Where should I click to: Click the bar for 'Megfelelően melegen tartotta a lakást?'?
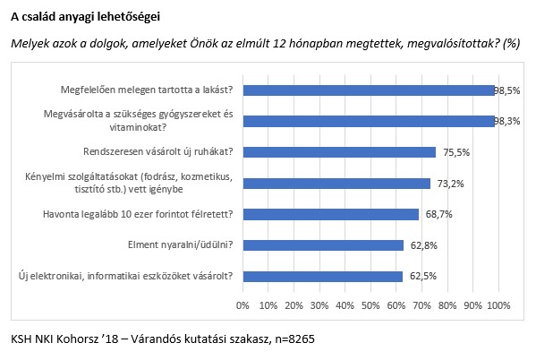[x=369, y=90]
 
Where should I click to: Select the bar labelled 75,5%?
[x=339, y=152]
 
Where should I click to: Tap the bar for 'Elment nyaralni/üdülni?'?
[x=323, y=245]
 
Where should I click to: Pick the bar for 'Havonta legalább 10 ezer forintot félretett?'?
[x=331, y=215]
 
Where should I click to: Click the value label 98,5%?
[x=507, y=90]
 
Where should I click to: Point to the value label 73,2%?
[x=450, y=184]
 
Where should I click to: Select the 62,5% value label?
[x=423, y=276]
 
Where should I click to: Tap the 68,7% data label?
[x=439, y=214]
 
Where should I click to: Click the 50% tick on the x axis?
[x=370, y=304]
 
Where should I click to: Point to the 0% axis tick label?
[x=242, y=304]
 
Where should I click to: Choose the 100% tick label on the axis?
[x=498, y=304]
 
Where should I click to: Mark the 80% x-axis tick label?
[x=447, y=304]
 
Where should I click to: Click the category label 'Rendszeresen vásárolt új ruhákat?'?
[x=157, y=151]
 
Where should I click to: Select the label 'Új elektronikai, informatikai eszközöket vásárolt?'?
[x=126, y=276]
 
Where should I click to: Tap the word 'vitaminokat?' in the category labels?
[x=138, y=128]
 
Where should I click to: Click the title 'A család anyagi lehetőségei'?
[x=86, y=16]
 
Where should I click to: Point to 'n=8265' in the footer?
[x=294, y=339]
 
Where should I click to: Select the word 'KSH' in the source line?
[x=21, y=339]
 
